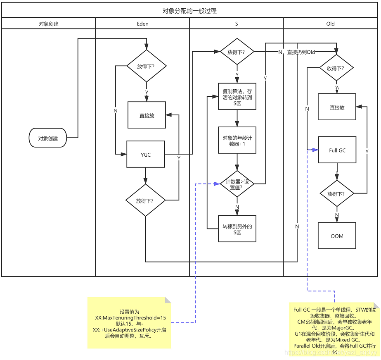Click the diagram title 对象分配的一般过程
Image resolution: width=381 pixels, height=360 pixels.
pyautogui.click(x=190, y=11)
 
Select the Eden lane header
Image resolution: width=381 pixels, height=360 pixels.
pyautogui.click(x=142, y=24)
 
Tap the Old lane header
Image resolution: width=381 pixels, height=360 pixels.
pyautogui.click(x=330, y=24)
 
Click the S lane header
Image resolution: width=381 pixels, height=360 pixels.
pyautogui.click(x=237, y=24)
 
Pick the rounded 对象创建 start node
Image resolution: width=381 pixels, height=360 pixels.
pyautogui.click(x=48, y=138)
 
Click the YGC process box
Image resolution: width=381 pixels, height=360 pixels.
pyautogui.click(x=146, y=155)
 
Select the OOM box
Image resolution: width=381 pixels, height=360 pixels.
pyautogui.click(x=337, y=236)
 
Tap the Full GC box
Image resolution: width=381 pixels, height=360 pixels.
pyautogui.click(x=337, y=150)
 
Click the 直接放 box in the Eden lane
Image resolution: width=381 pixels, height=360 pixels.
pyautogui.click(x=147, y=115)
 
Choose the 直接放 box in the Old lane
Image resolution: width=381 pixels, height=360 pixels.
pyautogui.click(x=337, y=107)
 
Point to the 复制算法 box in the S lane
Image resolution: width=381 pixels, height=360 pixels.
pyautogui.click(x=237, y=97)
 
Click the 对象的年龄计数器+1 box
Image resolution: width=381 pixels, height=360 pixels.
pyautogui.click(x=237, y=141)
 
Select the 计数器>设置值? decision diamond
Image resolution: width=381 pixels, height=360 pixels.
pyautogui.click(x=237, y=184)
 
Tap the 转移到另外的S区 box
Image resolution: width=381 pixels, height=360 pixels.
pyautogui.click(x=237, y=229)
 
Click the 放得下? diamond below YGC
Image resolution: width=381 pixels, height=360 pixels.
pyautogui.click(x=146, y=201)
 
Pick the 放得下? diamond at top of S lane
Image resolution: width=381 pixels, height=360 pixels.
pyautogui.click(x=237, y=52)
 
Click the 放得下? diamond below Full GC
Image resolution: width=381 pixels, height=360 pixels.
pyautogui.click(x=337, y=193)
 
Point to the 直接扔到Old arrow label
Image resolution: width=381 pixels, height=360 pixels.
pyautogui.click(x=301, y=52)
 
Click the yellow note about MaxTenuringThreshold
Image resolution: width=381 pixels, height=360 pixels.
pyautogui.click(x=129, y=323)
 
